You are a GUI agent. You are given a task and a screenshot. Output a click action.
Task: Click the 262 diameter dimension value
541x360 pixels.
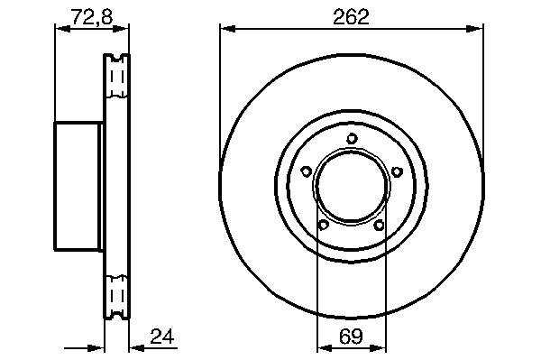(x=351, y=16)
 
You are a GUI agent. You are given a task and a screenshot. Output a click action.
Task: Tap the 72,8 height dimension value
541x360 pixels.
(x=92, y=16)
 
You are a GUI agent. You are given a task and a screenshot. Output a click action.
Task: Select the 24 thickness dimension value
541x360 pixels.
(x=162, y=337)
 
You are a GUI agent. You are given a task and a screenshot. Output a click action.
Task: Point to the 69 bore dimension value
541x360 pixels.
(x=352, y=337)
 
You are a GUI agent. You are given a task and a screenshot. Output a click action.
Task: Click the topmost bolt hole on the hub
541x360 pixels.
(x=352, y=138)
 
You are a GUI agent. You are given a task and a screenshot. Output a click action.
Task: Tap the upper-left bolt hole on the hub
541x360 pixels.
(x=307, y=171)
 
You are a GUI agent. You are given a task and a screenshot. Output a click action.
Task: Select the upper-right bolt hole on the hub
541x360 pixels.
(x=397, y=171)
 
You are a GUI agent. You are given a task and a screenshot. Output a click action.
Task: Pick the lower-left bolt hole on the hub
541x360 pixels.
(x=324, y=225)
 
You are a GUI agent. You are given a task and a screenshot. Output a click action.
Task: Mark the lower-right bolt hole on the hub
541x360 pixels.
(x=380, y=225)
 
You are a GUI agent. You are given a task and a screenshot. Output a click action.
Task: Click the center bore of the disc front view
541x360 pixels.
(x=352, y=188)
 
